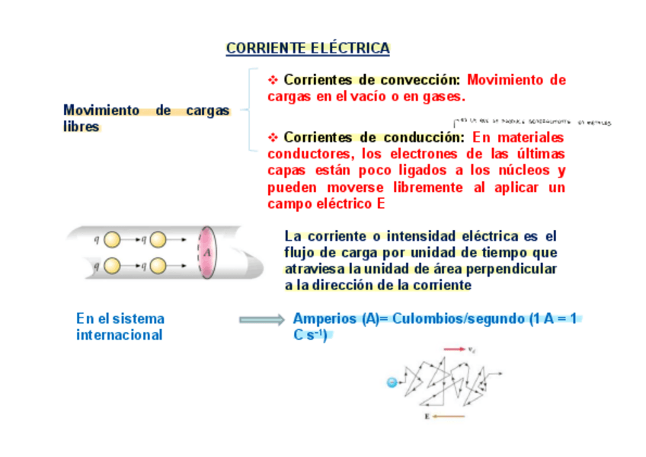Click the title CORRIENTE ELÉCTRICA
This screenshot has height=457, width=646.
308,49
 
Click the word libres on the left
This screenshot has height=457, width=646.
82,127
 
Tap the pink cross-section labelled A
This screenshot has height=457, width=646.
206,251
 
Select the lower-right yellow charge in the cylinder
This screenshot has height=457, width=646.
158,266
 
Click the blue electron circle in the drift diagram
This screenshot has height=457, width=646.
392,382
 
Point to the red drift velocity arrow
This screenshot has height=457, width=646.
454,349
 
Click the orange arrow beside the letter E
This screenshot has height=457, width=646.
449,417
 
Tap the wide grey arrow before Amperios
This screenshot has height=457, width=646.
262,320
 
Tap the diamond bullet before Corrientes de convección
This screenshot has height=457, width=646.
273,80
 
